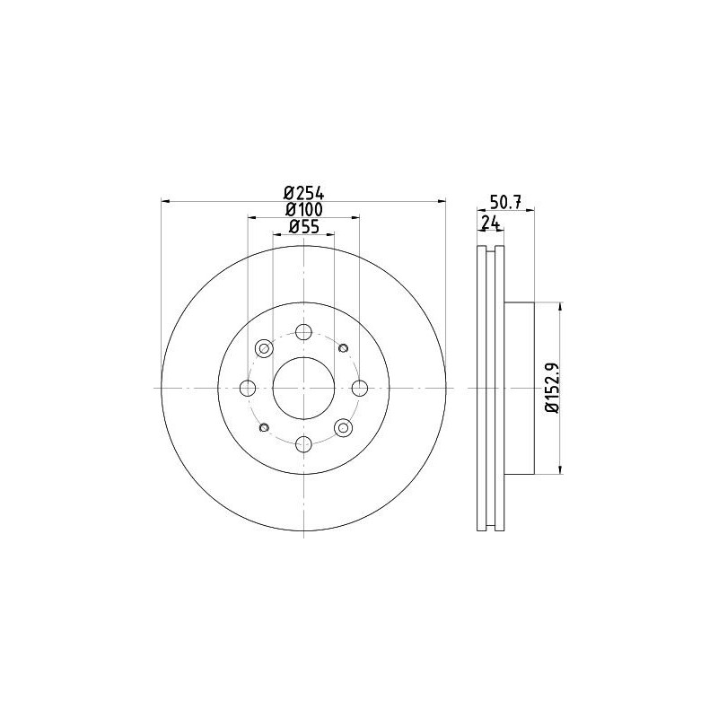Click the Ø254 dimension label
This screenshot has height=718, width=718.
pyautogui.click(x=302, y=191)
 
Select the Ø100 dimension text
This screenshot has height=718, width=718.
pyautogui.click(x=302, y=209)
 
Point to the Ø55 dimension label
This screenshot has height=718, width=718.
pyautogui.click(x=302, y=228)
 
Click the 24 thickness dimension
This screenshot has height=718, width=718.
pyautogui.click(x=489, y=223)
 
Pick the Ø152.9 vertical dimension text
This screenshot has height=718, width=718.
pyautogui.click(x=551, y=387)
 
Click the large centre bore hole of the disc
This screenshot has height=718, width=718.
pyautogui.click(x=303, y=387)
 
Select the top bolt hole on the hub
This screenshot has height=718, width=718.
pyautogui.click(x=303, y=331)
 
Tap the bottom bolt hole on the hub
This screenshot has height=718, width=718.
pyautogui.click(x=303, y=442)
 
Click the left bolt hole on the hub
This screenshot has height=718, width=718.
pyautogui.click(x=248, y=387)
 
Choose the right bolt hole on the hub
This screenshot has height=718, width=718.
pyautogui.click(x=359, y=387)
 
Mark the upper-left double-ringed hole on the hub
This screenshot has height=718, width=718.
pyautogui.click(x=264, y=347)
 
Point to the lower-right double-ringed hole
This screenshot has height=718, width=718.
pyautogui.click(x=343, y=427)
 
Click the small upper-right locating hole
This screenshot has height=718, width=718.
pyautogui.click(x=343, y=347)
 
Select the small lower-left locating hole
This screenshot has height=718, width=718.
pyautogui.click(x=264, y=427)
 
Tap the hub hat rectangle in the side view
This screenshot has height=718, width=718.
pyautogui.click(x=521, y=387)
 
